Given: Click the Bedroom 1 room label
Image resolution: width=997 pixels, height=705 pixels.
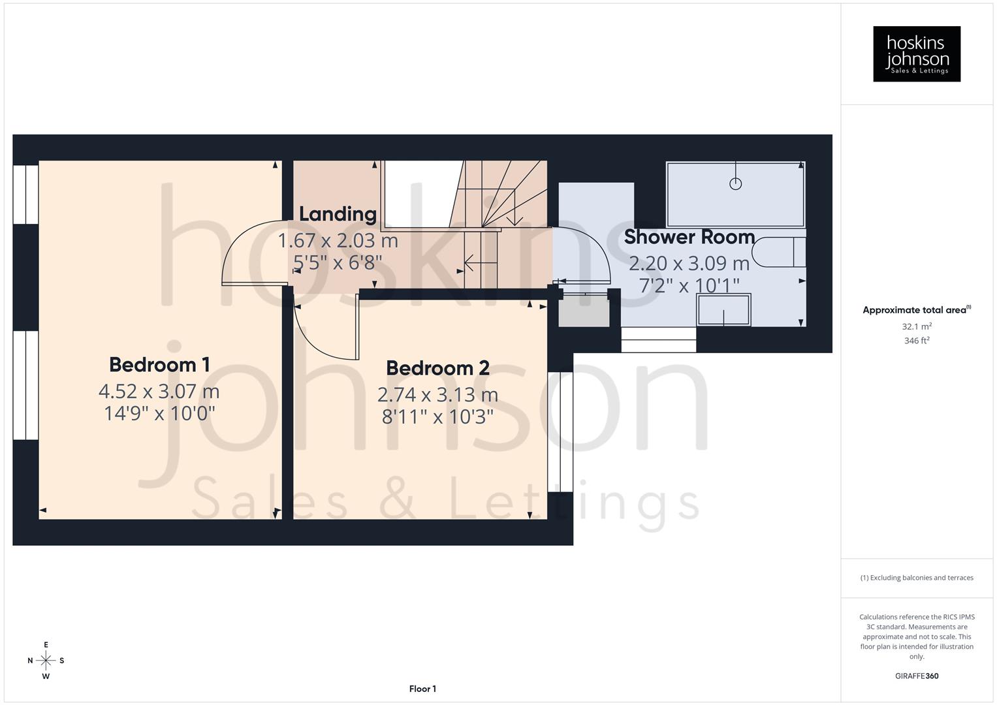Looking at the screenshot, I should coord(159,364).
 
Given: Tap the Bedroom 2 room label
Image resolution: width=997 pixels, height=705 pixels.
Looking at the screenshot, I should coord(437,368).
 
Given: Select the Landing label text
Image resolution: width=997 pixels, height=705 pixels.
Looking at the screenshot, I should coord(338,214).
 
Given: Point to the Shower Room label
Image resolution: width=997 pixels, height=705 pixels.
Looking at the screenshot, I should coord(689,237).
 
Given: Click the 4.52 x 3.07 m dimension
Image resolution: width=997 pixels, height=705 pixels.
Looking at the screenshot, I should coord(159,392).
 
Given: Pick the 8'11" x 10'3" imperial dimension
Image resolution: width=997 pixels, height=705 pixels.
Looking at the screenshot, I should coord(437,416).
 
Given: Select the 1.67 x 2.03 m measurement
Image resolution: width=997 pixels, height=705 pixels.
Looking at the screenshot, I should coord(338,241).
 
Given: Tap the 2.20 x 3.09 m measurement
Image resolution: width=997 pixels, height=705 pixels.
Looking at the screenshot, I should coord(689,264).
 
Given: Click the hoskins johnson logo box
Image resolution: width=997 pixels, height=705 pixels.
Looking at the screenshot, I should coord(917,54).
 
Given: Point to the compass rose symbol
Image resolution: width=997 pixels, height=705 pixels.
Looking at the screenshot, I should coord(46,660).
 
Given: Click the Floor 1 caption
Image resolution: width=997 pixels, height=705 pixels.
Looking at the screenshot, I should coord(422,689).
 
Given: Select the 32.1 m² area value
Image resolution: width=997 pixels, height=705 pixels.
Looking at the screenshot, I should coord(917,326).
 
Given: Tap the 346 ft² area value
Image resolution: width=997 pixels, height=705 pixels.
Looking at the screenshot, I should coord(917,341).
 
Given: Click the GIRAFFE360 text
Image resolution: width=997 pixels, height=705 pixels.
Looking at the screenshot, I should coord(917,676).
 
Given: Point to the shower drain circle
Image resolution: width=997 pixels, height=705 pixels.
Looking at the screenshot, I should coord(735,183).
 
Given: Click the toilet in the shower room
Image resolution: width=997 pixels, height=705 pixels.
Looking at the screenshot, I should coord(778,253).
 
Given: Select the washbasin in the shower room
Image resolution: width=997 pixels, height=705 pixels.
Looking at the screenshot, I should coord(723,310).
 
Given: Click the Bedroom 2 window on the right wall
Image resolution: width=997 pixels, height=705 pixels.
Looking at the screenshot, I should coord(560,431).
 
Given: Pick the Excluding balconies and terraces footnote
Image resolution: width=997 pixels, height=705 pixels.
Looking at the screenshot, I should coord(917,578).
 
